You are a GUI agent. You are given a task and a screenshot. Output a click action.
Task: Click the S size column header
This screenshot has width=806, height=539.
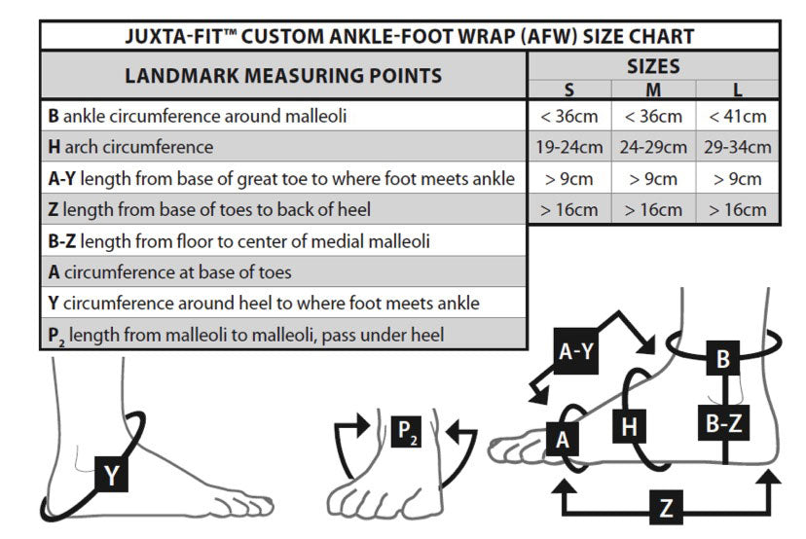pyautogui.click(x=569, y=90)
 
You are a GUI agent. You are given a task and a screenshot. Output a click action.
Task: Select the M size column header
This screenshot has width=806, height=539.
pyautogui.click(x=654, y=90)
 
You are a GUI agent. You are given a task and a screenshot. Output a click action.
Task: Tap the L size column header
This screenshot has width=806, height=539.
pyautogui.click(x=738, y=90)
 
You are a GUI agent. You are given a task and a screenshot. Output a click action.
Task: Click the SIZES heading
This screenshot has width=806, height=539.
pyautogui.click(x=653, y=67)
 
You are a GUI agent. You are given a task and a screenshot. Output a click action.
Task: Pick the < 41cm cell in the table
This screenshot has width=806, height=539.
pyautogui.click(x=738, y=116)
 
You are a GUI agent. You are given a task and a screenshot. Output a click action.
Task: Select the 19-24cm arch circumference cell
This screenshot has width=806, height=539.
pyautogui.click(x=569, y=147)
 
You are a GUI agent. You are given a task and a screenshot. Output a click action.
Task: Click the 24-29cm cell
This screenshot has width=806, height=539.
pyautogui.click(x=654, y=147)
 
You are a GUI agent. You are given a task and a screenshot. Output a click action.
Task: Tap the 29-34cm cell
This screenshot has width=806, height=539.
pyautogui.click(x=738, y=147)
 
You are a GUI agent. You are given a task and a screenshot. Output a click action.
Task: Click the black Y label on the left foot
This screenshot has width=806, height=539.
pyautogui.click(x=113, y=475)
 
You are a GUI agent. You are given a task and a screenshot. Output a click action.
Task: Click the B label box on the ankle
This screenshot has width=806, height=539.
pyautogui.click(x=722, y=359)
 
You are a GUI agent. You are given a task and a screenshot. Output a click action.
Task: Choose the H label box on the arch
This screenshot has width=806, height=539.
pyautogui.click(x=629, y=426)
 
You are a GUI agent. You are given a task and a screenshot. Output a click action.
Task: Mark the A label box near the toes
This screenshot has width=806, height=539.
pyautogui.click(x=561, y=439)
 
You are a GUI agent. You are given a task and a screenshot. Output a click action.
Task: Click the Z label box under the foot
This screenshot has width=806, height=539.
pyautogui.click(x=666, y=507)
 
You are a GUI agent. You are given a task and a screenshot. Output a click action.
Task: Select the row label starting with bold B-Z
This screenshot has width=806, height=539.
pyautogui.click(x=239, y=240)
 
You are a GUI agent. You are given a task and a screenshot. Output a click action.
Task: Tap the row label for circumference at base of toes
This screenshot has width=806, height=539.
pyautogui.click(x=169, y=271)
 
